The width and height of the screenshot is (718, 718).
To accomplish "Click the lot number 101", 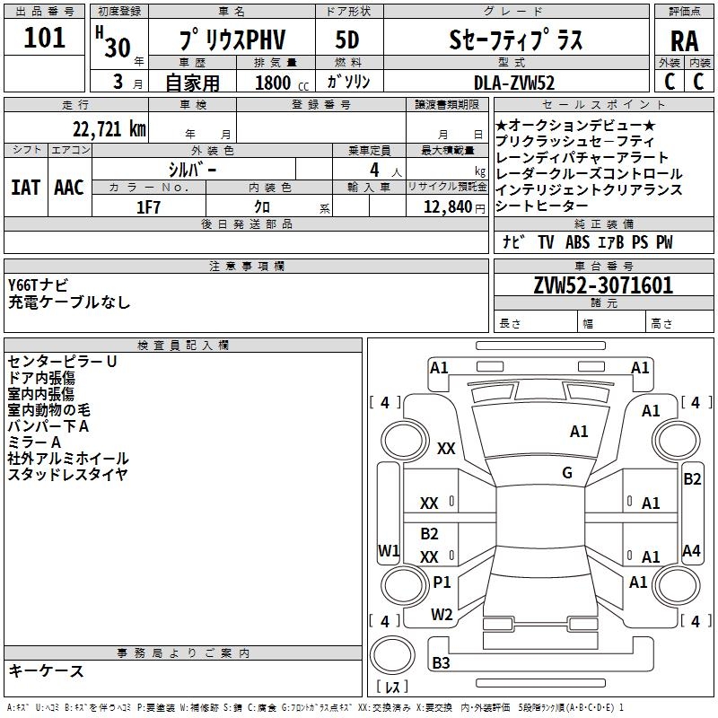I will (45, 39).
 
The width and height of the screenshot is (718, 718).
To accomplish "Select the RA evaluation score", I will (684, 41).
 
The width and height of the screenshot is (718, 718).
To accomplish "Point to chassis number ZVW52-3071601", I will (603, 286).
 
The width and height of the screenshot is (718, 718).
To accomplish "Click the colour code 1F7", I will (148, 206).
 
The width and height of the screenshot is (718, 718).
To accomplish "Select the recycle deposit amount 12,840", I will (445, 206).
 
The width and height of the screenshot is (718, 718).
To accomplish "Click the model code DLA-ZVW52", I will (514, 83).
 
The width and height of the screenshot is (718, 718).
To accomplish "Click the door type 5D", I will (346, 40).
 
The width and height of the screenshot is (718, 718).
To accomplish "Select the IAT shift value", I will (25, 187).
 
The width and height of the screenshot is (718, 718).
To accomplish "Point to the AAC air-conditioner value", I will (69, 187).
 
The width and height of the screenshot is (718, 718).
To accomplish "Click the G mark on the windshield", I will (567, 473).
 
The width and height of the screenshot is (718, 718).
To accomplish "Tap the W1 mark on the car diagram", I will (389, 550).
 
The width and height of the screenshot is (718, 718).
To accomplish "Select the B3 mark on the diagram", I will (441, 663).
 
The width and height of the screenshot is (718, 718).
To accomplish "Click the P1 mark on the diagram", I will (442, 582).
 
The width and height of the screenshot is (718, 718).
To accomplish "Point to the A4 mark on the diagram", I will (691, 551).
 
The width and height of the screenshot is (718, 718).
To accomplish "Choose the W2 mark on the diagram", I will (442, 615).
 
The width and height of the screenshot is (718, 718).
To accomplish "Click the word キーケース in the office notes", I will (46, 670).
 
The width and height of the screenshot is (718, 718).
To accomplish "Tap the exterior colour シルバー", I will (192, 169).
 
